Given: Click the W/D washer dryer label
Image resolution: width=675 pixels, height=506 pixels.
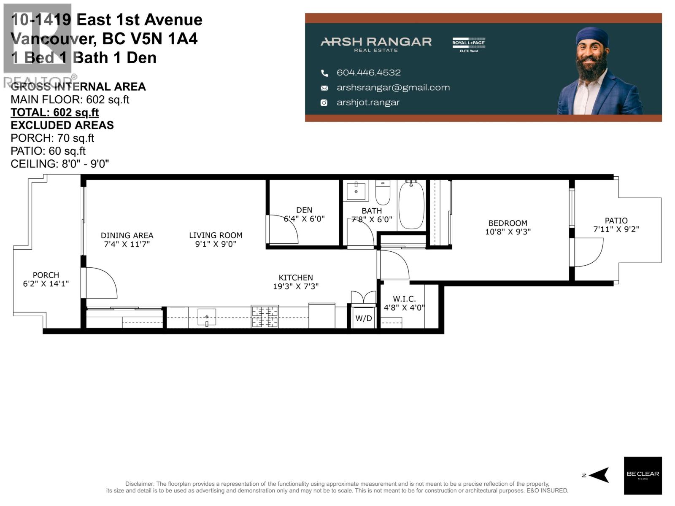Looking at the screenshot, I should [363, 318].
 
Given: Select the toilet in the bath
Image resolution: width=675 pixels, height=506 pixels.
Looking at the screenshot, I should [383, 193].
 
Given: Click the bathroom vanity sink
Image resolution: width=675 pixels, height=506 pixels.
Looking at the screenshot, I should [356, 191].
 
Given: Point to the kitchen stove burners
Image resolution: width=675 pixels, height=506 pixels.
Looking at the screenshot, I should [265, 317].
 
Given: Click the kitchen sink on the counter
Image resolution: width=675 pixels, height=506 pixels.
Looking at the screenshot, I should [207, 317].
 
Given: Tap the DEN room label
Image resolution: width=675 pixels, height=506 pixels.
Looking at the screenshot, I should [304, 210].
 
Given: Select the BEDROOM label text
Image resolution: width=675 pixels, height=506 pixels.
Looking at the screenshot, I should [508, 223].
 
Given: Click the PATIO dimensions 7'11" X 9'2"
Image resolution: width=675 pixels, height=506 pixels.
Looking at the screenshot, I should [616, 229].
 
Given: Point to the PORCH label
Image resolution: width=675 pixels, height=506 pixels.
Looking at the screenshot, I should [46, 275].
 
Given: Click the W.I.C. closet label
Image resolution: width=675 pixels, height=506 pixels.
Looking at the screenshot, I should [404, 299].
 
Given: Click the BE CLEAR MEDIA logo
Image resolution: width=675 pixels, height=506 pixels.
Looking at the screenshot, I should [643, 475].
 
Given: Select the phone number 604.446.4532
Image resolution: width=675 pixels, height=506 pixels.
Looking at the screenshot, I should [368, 73].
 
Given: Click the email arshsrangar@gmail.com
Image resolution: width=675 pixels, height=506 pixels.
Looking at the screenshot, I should [393, 88].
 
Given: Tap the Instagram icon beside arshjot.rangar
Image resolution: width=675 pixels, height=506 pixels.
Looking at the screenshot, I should [324, 102].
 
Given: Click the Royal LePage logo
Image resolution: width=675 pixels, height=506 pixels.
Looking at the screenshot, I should [469, 44].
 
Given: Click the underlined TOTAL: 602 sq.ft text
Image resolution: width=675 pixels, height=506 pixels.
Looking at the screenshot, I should [54, 113].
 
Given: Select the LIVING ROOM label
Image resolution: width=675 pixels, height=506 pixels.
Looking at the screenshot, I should [216, 235].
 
